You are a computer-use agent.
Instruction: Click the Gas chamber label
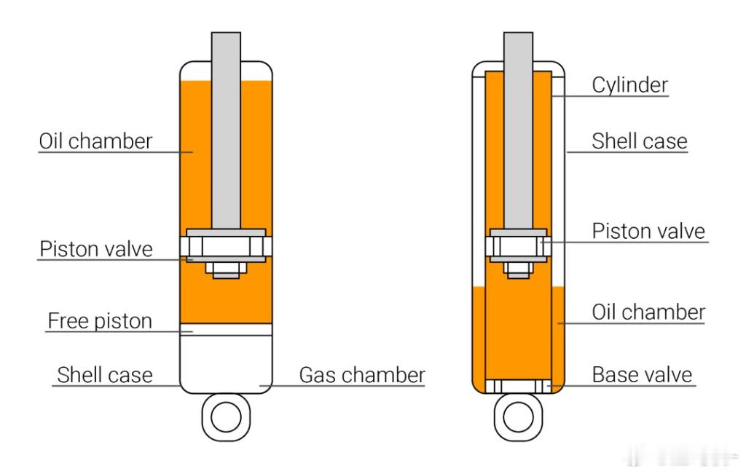pyautogui.click(x=362, y=375)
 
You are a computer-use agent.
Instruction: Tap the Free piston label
pyautogui.click(x=100, y=320)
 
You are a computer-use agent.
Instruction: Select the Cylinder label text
pyautogui.click(x=630, y=85)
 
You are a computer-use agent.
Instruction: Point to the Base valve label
pyautogui.click(x=642, y=375)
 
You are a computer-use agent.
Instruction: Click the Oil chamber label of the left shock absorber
pyautogui.click(x=95, y=141)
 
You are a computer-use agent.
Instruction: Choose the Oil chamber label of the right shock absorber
pyautogui.click(x=648, y=312)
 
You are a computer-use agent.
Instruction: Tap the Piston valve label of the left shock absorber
pyautogui.click(x=96, y=248)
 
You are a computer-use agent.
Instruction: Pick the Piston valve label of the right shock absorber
pyautogui.click(x=648, y=231)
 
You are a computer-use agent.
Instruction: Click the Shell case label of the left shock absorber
pyautogui.click(x=105, y=375)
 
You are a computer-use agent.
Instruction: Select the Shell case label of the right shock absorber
pyautogui.click(x=640, y=141)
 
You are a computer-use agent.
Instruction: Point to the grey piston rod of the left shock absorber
pyautogui.click(x=226, y=131)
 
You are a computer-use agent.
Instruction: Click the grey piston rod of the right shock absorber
pyautogui.click(x=518, y=131)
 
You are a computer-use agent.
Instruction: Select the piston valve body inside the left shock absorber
pyautogui.click(x=226, y=246)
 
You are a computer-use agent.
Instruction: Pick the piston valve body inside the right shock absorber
pyautogui.click(x=518, y=246)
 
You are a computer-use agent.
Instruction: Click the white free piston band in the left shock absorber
pyautogui.click(x=226, y=330)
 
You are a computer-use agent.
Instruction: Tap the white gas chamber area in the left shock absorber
pyautogui.click(x=226, y=364)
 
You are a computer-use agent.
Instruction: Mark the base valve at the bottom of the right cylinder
pyautogui.click(x=518, y=386)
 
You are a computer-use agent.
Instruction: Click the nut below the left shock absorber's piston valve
pyautogui.click(x=226, y=270)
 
